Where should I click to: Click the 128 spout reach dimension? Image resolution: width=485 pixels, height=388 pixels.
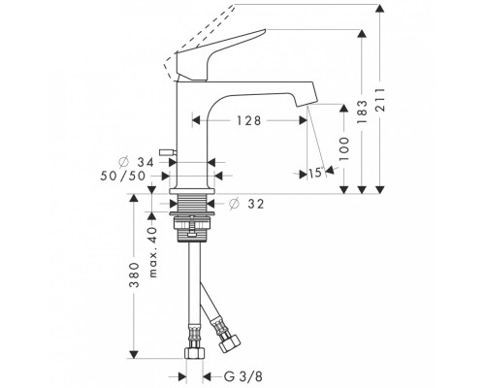coord(248,120)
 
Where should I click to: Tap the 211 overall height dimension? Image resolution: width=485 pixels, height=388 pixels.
coord(380,99)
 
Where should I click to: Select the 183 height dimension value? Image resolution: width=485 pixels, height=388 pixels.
coord(362,113)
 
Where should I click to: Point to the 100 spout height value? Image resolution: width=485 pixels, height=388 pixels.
coord(344,148)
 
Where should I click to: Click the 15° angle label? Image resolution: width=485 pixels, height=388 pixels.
coord(316,173)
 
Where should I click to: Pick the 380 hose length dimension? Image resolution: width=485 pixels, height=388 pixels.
coord(134,275)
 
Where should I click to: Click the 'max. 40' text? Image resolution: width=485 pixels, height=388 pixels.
coord(152,252)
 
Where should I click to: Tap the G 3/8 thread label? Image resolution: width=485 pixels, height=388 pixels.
coord(243,376)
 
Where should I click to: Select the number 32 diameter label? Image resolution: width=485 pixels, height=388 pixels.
coord(256,204)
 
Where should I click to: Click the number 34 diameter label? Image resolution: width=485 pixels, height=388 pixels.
coord(145,162)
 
